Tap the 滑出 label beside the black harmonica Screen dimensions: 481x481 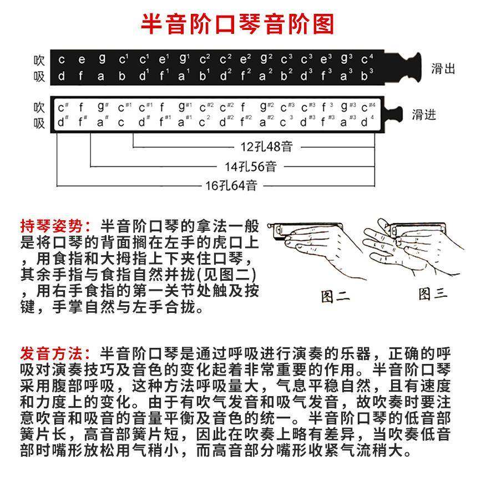click(x=443, y=69)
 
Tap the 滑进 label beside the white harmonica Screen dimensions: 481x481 click(x=423, y=115)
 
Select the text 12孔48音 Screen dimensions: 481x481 click(x=266, y=147)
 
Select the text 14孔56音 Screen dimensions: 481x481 click(x=250, y=166)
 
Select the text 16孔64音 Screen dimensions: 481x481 click(x=231, y=185)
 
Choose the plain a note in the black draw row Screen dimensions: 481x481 click(x=101, y=76)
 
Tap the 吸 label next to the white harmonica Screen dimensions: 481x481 click(x=39, y=123)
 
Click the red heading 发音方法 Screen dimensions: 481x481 click(x=54, y=353)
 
